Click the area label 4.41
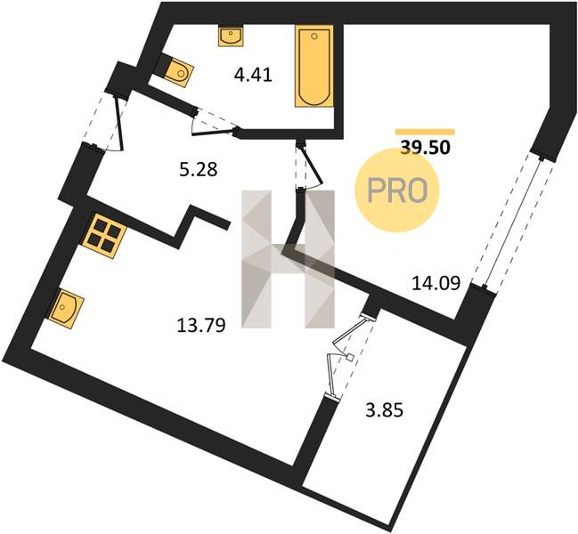(x=253, y=76)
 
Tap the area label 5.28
(x=199, y=170)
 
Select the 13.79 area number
(x=201, y=326)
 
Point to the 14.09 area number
(x=436, y=283)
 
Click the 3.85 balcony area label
(x=384, y=410)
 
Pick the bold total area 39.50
(x=426, y=148)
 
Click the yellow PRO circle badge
(x=397, y=190)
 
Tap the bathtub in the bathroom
(x=314, y=66)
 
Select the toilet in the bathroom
(x=177, y=70)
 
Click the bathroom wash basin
(x=231, y=36)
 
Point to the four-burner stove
(x=105, y=236)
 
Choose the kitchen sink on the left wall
(x=66, y=308)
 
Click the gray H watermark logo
(x=288, y=259)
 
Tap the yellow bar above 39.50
(x=425, y=132)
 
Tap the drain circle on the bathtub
(x=314, y=36)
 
